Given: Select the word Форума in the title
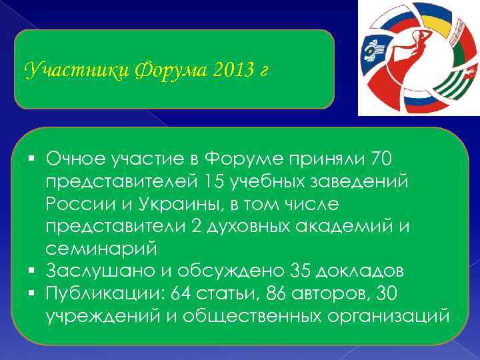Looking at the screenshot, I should tap(158, 69).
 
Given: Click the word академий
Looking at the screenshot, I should tap(349, 226).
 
